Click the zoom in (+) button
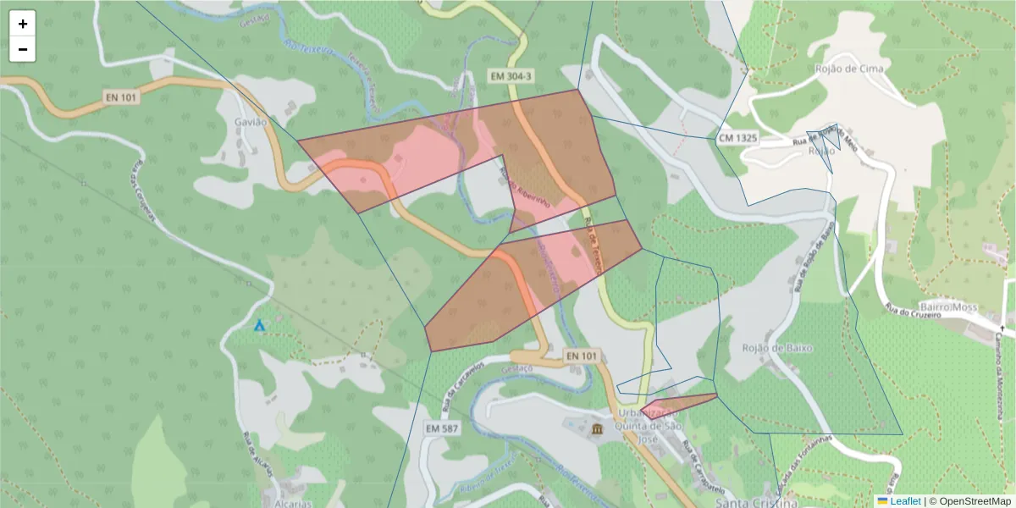coord(23,24)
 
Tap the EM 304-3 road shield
coord(511,76)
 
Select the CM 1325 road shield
coord(737,137)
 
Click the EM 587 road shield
coord(442,428)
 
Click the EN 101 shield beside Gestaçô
coord(580,356)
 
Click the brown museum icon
coord(599,430)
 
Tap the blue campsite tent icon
coord(260,325)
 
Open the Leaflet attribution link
coord(904,501)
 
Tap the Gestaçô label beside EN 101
coord(516,369)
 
